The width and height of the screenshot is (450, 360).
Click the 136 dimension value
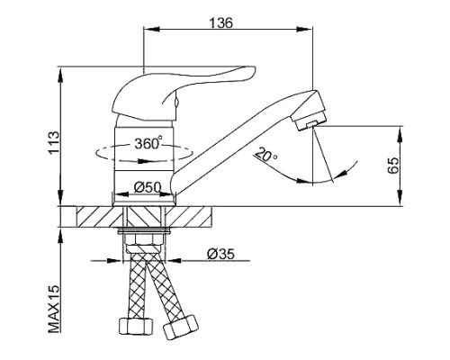220,22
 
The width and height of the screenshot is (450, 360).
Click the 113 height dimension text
54,142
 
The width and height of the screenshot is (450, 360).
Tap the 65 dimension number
393,165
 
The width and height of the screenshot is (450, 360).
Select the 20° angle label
266,155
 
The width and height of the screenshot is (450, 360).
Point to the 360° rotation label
148,142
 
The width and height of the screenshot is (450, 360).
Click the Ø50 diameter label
148,188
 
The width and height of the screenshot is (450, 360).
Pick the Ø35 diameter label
220,254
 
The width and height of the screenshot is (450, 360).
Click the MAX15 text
54,310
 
